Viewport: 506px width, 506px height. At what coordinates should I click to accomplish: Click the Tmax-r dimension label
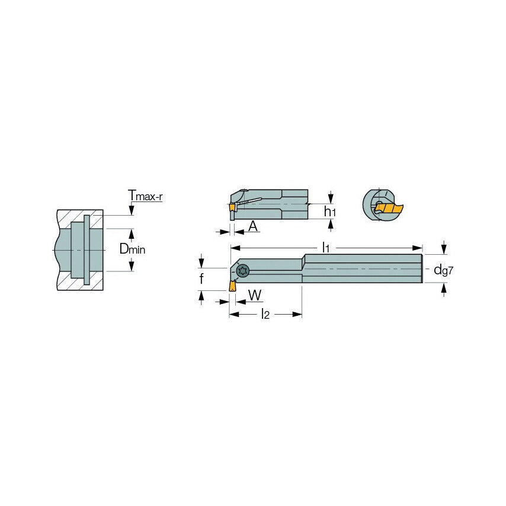(x=145, y=196)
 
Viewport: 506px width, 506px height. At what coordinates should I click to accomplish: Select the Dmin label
(x=132, y=249)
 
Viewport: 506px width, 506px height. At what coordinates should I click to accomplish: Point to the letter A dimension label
(x=253, y=226)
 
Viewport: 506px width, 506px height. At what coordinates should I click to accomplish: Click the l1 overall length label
(x=325, y=248)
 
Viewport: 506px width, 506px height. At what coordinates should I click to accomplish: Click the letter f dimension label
(x=201, y=278)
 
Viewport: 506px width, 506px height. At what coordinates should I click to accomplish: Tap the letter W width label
(x=255, y=294)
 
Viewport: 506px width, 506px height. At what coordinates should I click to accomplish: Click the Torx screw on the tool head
(x=242, y=271)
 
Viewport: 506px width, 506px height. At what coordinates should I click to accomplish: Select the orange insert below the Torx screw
(x=232, y=285)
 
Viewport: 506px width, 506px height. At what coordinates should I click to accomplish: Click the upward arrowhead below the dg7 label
(x=444, y=288)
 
